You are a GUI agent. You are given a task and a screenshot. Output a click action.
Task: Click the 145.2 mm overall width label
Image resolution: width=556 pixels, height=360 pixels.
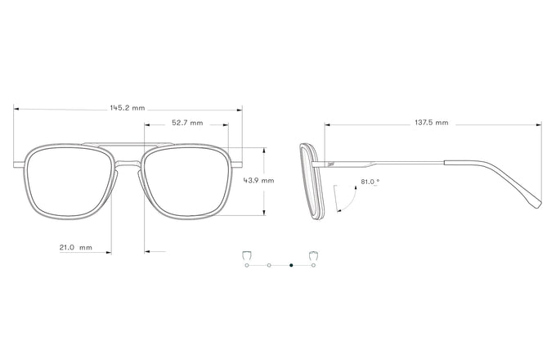[127, 107]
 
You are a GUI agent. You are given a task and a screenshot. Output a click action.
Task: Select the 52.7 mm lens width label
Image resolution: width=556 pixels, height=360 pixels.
[187, 123]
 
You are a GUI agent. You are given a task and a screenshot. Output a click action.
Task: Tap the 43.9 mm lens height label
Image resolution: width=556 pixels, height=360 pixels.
[259, 181]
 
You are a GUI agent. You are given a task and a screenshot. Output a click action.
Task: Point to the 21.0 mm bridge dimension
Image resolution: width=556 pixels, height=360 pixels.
[75, 247]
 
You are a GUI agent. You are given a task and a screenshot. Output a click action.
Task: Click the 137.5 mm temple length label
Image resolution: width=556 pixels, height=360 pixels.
[431, 123]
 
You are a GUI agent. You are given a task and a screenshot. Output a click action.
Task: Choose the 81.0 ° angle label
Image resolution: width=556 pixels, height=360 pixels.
[370, 182]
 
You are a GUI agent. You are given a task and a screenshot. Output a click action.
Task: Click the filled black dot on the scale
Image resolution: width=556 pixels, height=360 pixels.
[291, 266]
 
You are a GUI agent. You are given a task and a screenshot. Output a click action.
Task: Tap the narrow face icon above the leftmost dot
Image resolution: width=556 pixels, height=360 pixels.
[246, 255]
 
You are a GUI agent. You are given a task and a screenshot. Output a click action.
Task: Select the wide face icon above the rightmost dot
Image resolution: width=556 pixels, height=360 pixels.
[312, 255]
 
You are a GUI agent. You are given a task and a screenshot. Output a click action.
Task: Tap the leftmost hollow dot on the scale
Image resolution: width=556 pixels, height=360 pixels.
[246, 266]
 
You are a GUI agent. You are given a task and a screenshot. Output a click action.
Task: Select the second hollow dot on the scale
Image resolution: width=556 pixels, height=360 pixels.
[268, 266]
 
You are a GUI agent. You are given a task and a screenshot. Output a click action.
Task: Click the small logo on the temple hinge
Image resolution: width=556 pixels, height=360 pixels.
[330, 164]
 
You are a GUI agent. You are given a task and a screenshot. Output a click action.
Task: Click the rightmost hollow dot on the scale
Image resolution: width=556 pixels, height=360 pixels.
[313, 266]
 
